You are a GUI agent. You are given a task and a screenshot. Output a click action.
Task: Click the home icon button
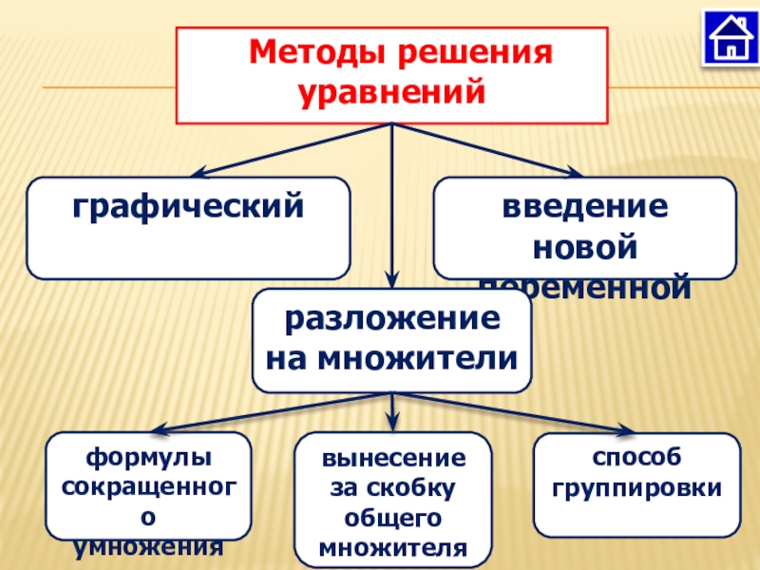pos(729,37)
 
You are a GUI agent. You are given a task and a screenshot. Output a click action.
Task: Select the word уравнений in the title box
pos(392,93)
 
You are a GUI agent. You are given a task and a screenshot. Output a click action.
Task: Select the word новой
pos(584,246)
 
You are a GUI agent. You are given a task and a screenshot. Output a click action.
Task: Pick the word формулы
pos(149,458)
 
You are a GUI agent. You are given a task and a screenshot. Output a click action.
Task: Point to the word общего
pos(393,519)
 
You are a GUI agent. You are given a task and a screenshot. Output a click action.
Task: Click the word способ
pos(636,458)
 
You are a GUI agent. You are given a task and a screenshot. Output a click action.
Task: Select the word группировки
pos(636,488)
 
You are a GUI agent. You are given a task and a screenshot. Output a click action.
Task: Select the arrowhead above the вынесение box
pos(393,427)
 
